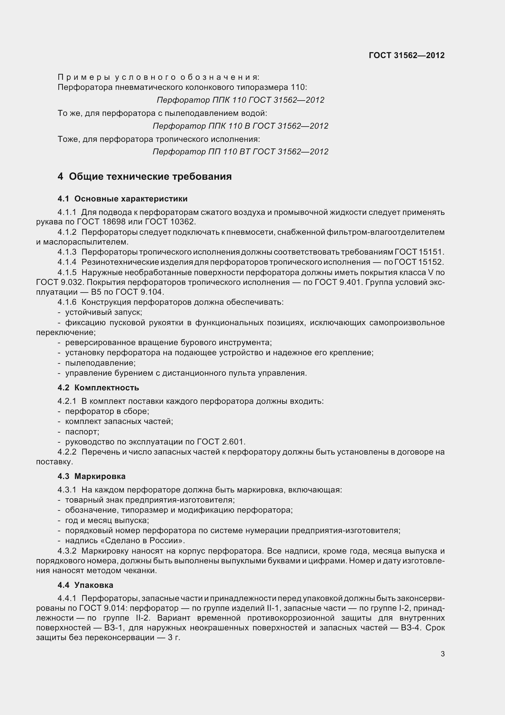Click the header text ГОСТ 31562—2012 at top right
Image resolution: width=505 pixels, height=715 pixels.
(x=406, y=55)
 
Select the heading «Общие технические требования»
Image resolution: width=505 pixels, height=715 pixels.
(x=150, y=177)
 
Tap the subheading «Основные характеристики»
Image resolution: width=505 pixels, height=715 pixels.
(x=131, y=199)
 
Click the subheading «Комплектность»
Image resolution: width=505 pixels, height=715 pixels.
(x=106, y=388)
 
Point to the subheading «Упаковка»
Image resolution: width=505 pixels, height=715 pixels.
(x=94, y=585)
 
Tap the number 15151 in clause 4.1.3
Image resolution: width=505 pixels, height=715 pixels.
(x=432, y=252)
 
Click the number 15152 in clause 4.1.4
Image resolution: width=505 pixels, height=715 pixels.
(x=432, y=262)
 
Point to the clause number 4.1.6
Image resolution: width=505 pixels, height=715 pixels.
(x=67, y=302)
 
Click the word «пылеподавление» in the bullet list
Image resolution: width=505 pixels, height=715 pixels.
(x=100, y=363)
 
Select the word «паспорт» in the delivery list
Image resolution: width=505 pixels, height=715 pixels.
(x=82, y=432)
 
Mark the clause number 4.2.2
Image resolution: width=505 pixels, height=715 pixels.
(x=67, y=452)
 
